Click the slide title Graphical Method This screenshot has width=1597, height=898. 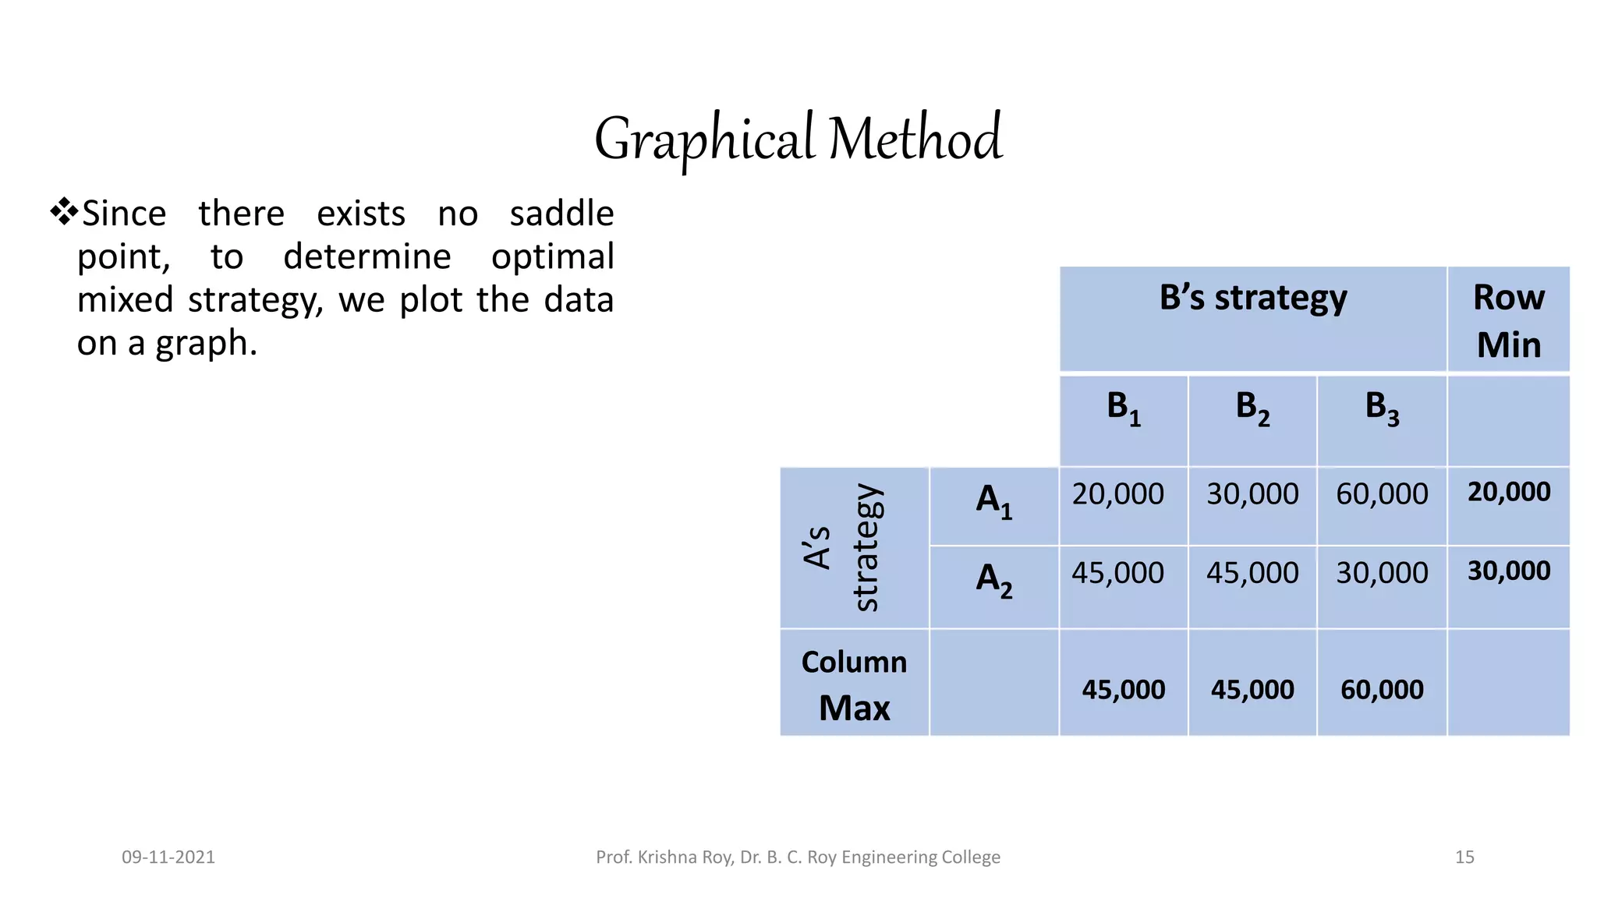pyautogui.click(x=798, y=139)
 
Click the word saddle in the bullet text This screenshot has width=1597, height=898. pyautogui.click(x=561, y=214)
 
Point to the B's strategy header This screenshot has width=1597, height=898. pyautogui.click(x=1252, y=298)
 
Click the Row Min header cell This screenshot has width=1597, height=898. pyautogui.click(x=1508, y=320)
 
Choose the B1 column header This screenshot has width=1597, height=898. pyautogui.click(x=1123, y=408)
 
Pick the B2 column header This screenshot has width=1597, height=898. pyautogui.click(x=1252, y=408)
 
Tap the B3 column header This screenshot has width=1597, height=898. pyautogui.click(x=1382, y=408)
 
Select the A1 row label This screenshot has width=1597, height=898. pyautogui.click(x=993, y=500)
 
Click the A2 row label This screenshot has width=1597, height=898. pyautogui.click(x=993, y=580)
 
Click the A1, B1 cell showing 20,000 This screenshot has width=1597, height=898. pyautogui.click(x=1117, y=494)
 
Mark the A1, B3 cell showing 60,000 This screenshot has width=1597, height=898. pyautogui.click(x=1382, y=494)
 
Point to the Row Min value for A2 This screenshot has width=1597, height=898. pyautogui.click(x=1508, y=571)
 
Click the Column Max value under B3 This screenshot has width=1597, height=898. pyautogui.click(x=1382, y=690)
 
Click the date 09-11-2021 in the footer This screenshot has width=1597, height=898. pyautogui.click(x=168, y=857)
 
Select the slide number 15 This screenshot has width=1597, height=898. pyautogui.click(x=1464, y=857)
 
